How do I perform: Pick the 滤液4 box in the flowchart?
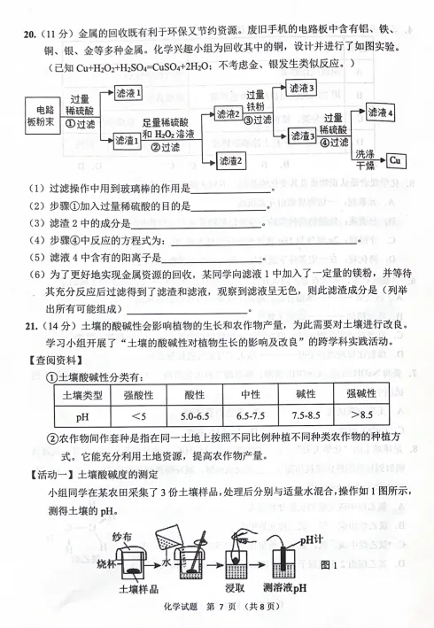click(380, 112)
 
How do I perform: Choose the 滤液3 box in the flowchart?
click(294, 89)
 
